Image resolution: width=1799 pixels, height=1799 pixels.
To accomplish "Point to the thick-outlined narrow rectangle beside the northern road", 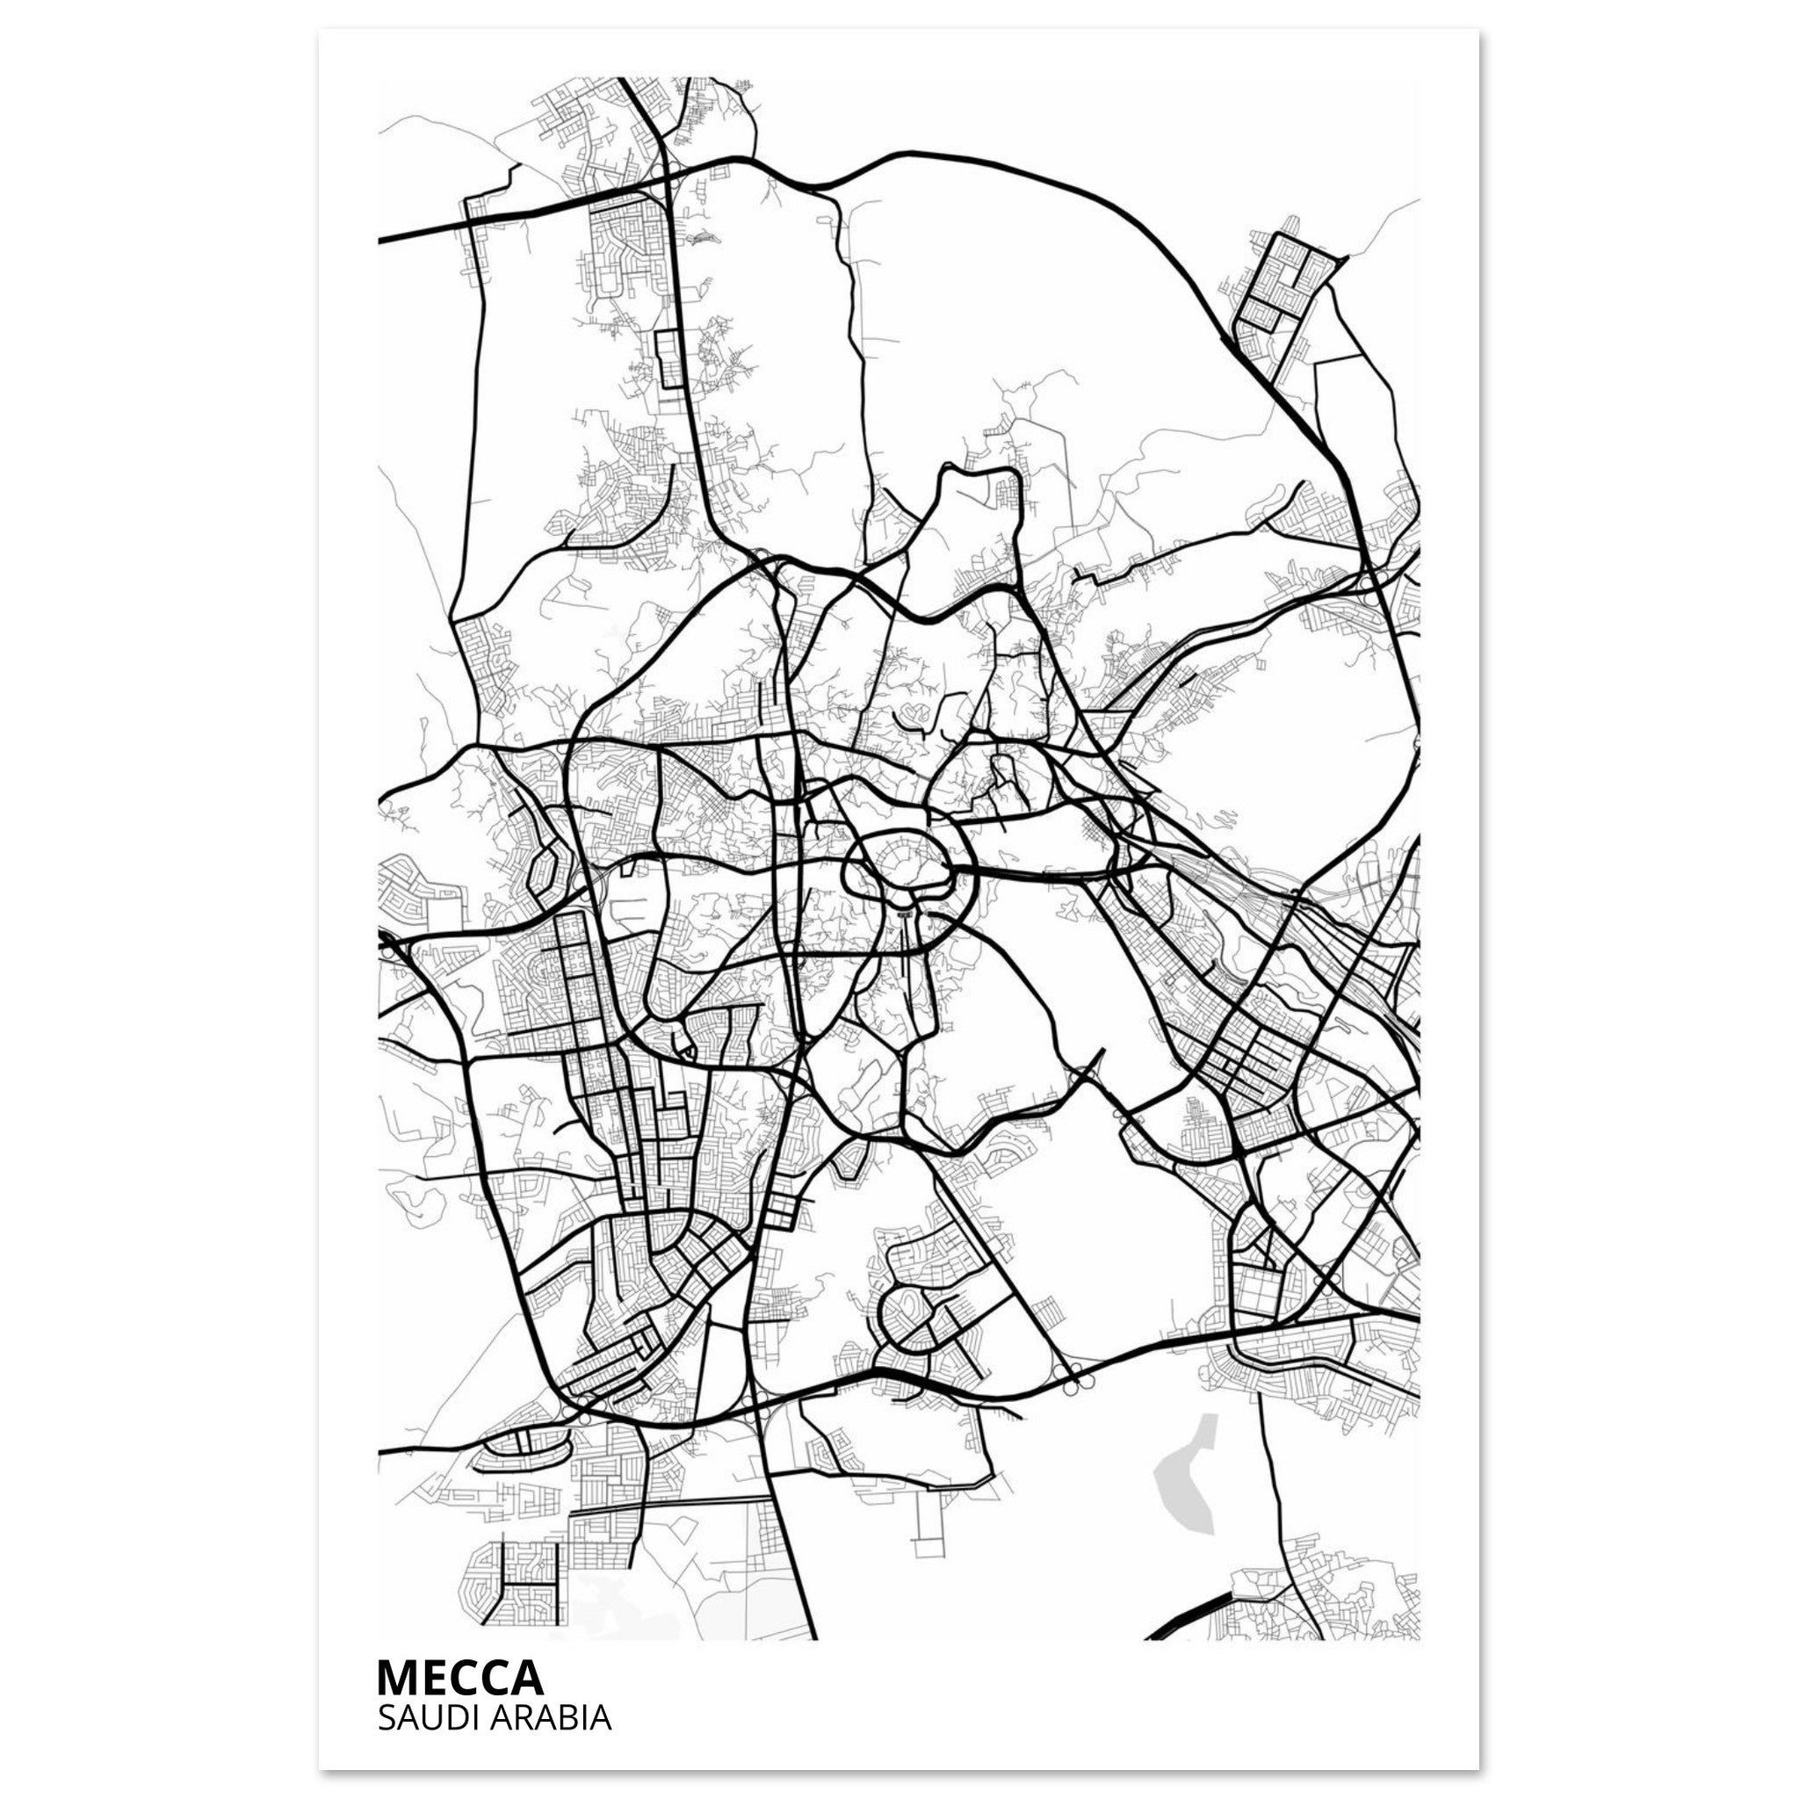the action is pos(668,358).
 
